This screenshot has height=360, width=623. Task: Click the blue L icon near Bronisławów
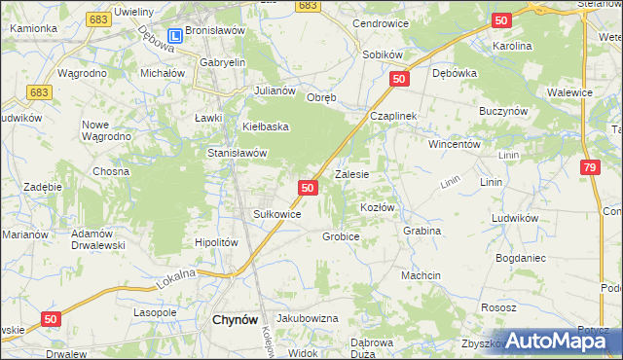(174, 37)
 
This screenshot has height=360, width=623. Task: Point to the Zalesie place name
(351, 175)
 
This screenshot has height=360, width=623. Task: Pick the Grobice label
(341, 236)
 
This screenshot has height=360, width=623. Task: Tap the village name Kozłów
(377, 208)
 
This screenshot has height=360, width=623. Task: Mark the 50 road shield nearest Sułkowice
(308, 187)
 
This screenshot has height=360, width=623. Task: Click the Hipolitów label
(216, 242)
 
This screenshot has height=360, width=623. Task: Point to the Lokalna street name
(176, 280)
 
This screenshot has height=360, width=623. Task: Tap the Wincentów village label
(456, 143)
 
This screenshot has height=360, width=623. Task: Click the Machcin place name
(421, 276)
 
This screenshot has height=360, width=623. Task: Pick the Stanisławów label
(237, 153)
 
